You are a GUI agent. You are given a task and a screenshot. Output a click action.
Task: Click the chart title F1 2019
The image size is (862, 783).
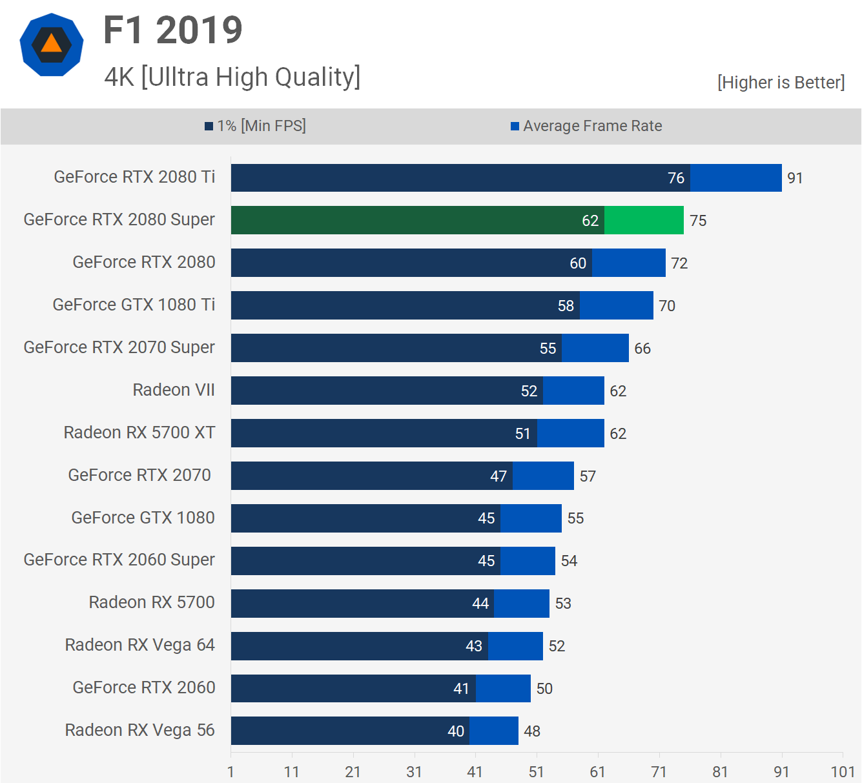[172, 30]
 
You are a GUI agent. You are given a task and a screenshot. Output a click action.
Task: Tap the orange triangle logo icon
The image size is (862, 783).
[52, 44]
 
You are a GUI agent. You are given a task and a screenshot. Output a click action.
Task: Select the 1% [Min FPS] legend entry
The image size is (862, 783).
[256, 126]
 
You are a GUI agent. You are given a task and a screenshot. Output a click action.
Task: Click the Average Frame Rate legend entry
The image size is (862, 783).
[586, 126]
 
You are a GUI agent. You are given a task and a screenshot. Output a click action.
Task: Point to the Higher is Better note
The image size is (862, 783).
[781, 83]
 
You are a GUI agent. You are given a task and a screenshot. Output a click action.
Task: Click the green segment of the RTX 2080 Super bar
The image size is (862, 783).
[644, 220]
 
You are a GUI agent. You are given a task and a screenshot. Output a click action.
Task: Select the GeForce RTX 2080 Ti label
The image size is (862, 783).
[134, 177]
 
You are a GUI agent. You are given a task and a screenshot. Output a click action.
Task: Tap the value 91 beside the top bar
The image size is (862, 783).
[795, 178]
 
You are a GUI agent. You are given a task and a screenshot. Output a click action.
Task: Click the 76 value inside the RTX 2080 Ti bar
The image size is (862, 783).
[675, 178]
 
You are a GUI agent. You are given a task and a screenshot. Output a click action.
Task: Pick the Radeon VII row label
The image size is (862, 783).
[174, 390]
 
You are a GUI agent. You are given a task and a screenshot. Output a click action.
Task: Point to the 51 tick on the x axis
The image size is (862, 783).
[536, 771]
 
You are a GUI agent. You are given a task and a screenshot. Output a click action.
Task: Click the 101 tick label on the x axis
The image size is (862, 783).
[843, 771]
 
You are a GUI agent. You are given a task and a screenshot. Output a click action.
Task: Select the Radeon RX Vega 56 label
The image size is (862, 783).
[139, 730]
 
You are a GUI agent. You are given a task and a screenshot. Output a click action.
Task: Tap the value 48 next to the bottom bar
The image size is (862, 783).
[532, 731]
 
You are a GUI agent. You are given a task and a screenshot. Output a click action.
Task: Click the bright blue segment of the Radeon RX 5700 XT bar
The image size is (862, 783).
[570, 433]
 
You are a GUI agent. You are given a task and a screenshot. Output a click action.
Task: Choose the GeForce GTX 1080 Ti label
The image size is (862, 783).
[134, 305]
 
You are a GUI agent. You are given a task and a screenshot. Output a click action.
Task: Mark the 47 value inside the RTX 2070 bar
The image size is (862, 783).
[498, 476]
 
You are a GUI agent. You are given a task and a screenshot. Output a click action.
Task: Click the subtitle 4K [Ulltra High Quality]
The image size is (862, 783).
[232, 77]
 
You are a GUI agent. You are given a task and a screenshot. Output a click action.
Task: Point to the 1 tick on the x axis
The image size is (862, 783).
[231, 771]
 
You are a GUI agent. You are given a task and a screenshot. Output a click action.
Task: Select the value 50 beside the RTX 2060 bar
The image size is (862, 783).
[544, 689]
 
